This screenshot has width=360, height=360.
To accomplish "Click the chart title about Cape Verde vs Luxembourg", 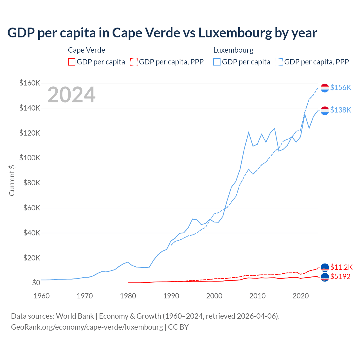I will [162, 33].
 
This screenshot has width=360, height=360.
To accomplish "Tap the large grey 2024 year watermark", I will [71, 95].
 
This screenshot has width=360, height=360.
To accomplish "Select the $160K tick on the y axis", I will [30, 83].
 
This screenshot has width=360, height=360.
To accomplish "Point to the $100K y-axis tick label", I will [30, 158].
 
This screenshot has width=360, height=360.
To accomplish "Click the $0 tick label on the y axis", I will [36, 283].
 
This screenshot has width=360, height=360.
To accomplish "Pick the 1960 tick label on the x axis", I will [42, 296].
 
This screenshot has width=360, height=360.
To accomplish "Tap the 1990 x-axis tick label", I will [171, 296].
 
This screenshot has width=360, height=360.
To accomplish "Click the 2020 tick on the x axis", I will [301, 296].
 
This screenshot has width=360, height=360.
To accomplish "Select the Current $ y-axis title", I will [12, 180].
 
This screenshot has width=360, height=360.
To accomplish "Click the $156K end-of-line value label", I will [341, 87].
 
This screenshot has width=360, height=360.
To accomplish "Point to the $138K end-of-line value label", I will [341, 110].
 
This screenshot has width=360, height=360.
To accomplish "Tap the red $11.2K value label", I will [341, 267].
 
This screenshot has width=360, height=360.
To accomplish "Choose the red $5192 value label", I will [340, 276].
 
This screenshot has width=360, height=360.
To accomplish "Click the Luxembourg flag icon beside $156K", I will [325, 88].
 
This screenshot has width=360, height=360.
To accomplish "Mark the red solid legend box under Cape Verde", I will [72, 62].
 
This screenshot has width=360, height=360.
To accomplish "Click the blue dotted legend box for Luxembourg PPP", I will [279, 62].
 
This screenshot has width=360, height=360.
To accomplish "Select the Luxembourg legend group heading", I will [233, 50].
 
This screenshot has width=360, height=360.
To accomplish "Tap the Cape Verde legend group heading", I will [87, 50].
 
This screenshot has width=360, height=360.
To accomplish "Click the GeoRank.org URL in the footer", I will [87, 327].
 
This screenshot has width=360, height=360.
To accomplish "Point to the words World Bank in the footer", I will [75, 316].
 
